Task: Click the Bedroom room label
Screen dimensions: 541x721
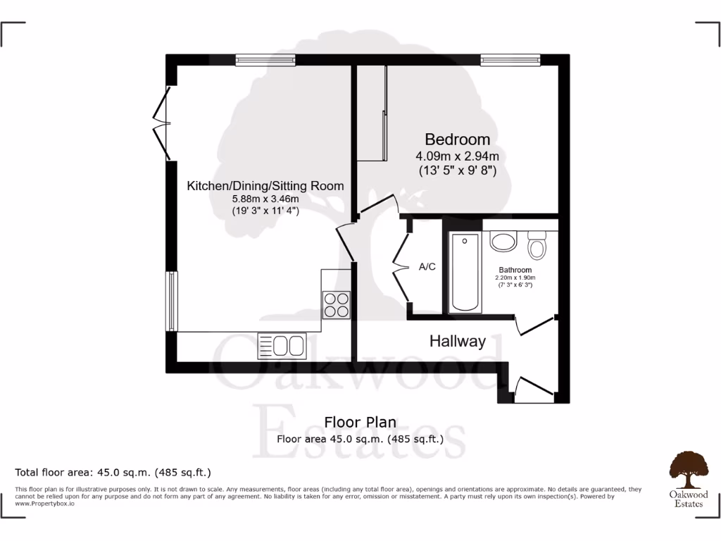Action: click(457, 139)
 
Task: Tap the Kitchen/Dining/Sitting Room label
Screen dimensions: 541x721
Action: click(265, 186)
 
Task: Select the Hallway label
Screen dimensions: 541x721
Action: click(458, 342)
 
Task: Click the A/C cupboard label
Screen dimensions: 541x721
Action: click(427, 267)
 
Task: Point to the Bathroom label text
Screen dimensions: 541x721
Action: click(515, 270)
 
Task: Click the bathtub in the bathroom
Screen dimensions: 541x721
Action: click(465, 273)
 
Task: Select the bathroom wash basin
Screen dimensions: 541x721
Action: click(503, 242)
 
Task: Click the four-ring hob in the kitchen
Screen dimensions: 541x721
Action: click(336, 305)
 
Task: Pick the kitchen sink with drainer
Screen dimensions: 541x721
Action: click(282, 345)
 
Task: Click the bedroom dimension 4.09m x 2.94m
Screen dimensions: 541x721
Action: click(457, 156)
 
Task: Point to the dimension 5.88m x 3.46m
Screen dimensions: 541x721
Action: click(265, 199)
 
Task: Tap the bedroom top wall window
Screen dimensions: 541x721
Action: click(510, 61)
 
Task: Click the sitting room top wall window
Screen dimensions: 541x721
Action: click(265, 61)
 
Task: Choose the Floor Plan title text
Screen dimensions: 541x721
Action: click(360, 423)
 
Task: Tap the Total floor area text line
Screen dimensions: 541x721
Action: click(113, 472)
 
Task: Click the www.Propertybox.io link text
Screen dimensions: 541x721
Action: click(44, 504)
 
